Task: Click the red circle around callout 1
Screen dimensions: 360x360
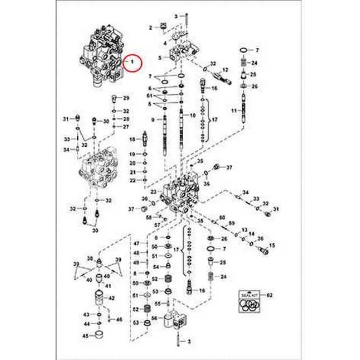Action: point(132,62)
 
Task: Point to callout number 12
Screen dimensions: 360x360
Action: point(225,69)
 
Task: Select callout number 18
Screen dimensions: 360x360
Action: point(132,139)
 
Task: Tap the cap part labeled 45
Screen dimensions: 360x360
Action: point(99,337)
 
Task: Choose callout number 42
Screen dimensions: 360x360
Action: point(112,298)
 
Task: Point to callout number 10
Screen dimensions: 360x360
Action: point(192,116)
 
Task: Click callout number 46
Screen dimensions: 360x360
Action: point(119,319)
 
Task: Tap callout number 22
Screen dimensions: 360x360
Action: point(132,180)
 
